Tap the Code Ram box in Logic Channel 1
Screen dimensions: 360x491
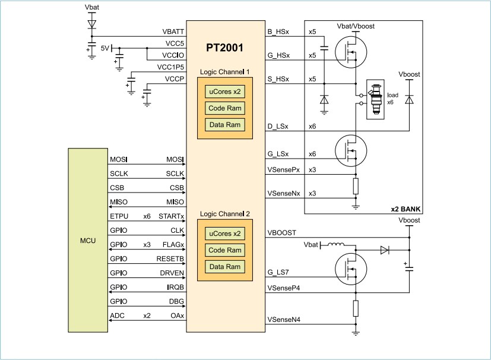[x=224, y=108]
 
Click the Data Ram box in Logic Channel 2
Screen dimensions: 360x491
[x=224, y=267]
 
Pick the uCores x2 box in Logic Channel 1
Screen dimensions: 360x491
[x=224, y=91]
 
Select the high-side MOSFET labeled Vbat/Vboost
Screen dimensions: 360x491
[x=347, y=50]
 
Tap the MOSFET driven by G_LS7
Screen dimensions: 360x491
[x=347, y=268]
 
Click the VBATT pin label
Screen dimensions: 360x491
[x=173, y=31]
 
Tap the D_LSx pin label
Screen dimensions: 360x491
[x=278, y=126]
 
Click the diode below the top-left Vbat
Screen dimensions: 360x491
[x=91, y=24]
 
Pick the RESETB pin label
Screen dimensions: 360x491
[x=172, y=259]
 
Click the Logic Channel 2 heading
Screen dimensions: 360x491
[x=224, y=213]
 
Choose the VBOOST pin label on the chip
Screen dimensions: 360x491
[x=283, y=232]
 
